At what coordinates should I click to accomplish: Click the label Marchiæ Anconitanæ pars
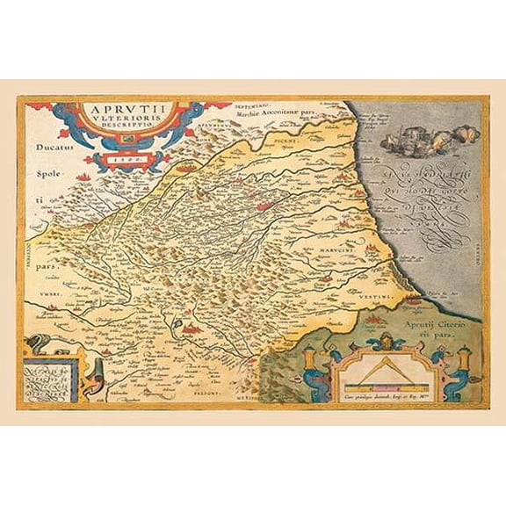(x=280, y=112)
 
